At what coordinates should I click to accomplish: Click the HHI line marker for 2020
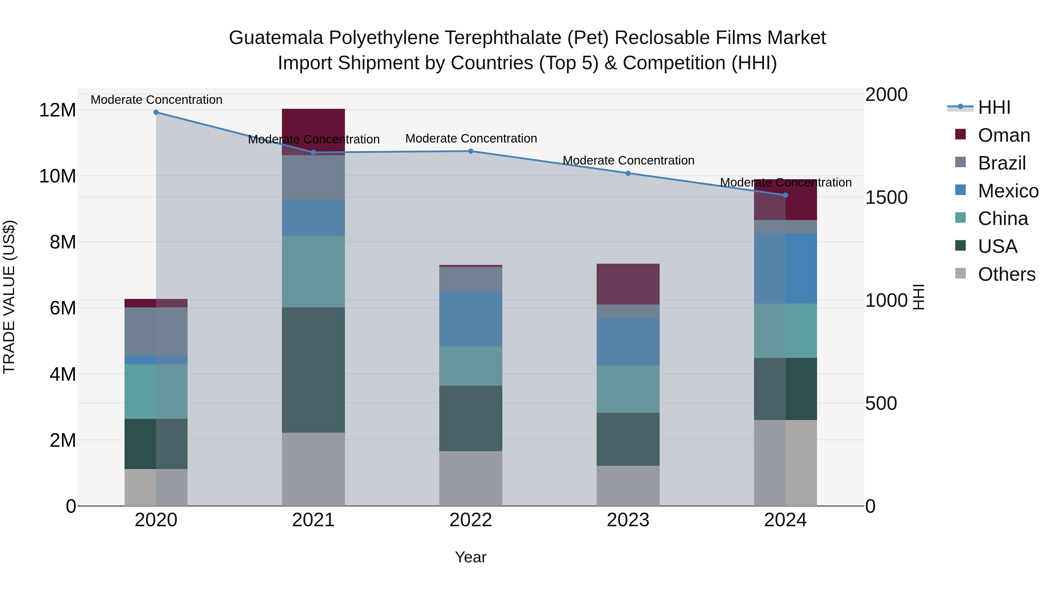156,112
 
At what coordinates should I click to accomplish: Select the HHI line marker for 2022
471,151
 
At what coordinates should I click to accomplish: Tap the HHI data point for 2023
628,173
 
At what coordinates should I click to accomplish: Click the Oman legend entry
1003,135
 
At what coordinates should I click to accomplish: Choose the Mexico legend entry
1008,191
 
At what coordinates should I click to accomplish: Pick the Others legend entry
1006,274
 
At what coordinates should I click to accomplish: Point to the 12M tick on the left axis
57,110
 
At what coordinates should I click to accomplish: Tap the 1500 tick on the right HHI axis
886,198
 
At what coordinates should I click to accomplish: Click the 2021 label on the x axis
313,520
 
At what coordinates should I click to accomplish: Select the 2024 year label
785,520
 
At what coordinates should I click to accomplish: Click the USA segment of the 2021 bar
313,370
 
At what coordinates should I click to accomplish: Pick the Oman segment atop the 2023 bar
628,284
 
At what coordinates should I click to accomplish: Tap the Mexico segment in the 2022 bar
471,319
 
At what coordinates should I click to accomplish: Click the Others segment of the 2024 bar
785,463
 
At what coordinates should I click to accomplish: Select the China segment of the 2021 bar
313,272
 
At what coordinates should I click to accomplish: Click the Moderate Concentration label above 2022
471,138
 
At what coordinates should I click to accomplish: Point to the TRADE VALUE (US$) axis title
9,297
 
